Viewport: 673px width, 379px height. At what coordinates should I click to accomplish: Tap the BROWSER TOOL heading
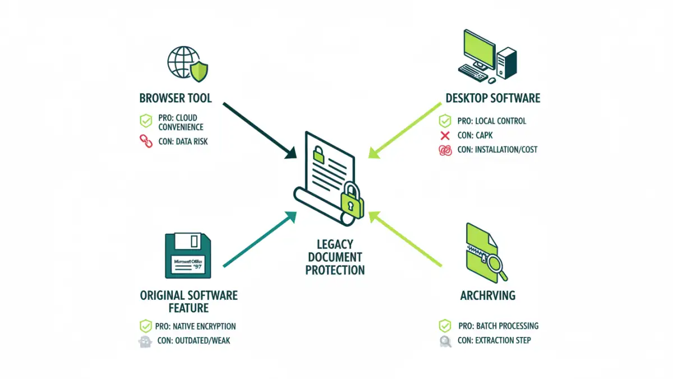[x=176, y=98]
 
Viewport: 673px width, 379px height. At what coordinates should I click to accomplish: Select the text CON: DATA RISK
[x=183, y=141]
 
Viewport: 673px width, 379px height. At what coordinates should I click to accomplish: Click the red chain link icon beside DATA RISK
[x=146, y=141]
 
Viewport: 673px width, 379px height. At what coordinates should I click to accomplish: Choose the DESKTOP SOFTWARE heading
[x=492, y=98]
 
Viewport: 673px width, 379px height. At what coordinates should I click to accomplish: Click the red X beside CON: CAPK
[x=445, y=135]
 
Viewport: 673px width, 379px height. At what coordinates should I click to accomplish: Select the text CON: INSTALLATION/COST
[x=497, y=150]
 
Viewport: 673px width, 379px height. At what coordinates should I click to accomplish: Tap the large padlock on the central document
[x=352, y=200]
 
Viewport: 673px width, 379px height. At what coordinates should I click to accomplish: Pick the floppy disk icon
[x=187, y=255]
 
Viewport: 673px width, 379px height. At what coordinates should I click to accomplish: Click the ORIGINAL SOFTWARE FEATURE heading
[x=188, y=302]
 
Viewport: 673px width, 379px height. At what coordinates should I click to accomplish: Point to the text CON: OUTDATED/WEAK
[x=194, y=341]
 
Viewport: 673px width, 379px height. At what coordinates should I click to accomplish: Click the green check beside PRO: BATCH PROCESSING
[x=445, y=326]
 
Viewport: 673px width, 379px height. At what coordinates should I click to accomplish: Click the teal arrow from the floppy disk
[x=260, y=239]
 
